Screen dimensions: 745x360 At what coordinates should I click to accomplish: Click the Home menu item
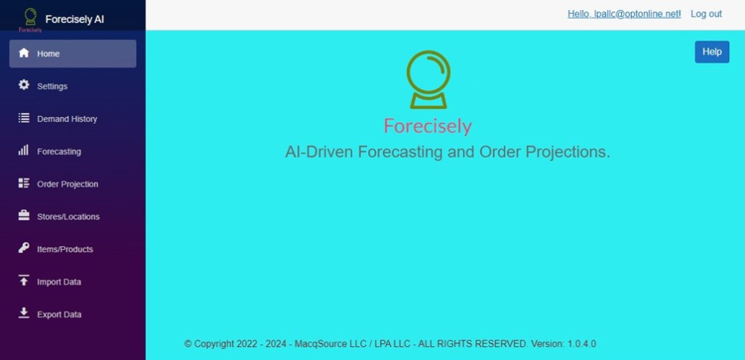[72, 54]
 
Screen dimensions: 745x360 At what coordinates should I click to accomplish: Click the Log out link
[706, 15]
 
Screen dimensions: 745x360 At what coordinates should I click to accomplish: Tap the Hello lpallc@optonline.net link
[624, 15]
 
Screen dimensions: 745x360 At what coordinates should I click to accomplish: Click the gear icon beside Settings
[24, 85]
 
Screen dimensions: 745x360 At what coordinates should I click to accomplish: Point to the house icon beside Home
[24, 53]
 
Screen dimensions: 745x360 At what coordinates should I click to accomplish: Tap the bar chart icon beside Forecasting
[23, 150]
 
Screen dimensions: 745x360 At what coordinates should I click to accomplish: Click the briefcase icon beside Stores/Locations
[24, 215]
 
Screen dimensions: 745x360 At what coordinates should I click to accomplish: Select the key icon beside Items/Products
[24, 248]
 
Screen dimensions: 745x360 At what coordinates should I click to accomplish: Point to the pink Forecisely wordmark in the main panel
[428, 126]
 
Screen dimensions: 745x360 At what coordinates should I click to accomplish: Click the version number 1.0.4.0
[582, 344]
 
